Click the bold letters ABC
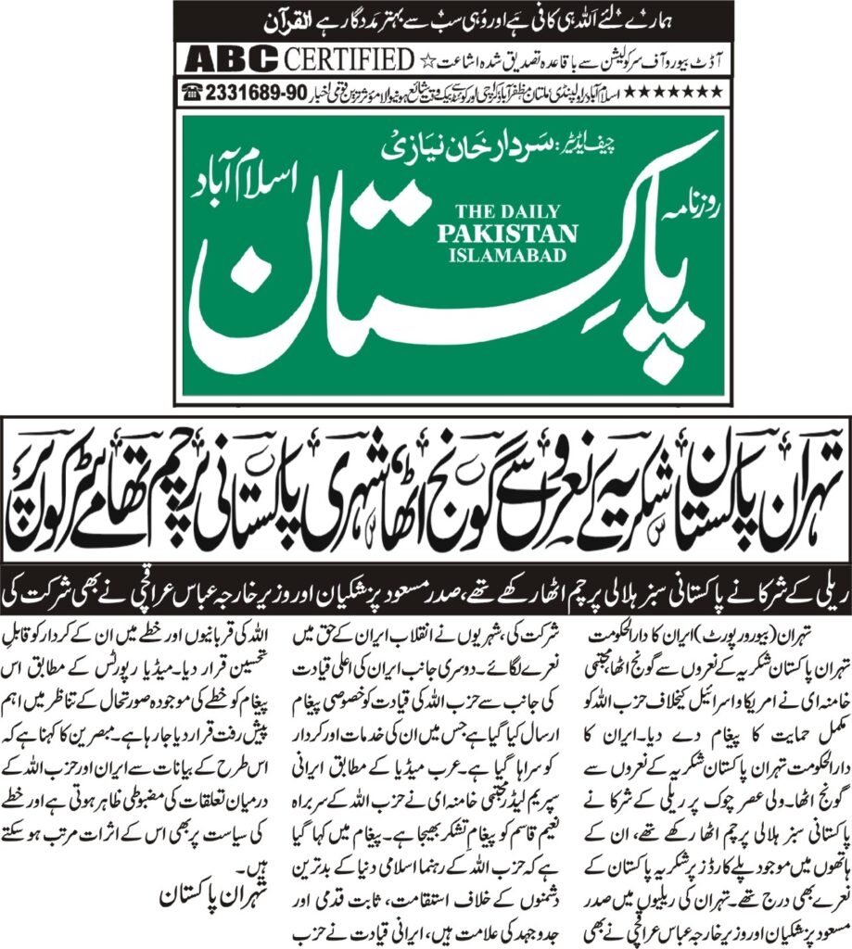231,60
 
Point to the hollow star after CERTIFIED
427,61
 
